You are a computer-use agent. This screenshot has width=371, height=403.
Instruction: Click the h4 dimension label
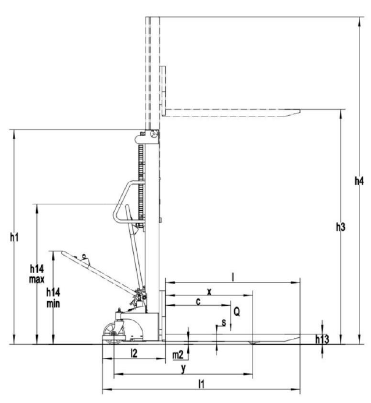(359, 182)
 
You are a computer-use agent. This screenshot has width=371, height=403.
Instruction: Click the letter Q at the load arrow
(237, 312)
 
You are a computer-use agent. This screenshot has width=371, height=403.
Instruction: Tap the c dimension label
(198, 302)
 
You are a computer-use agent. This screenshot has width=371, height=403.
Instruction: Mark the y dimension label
(183, 369)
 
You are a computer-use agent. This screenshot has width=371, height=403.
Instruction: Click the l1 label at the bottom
(201, 384)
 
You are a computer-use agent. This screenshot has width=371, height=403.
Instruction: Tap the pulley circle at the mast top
(154, 135)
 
